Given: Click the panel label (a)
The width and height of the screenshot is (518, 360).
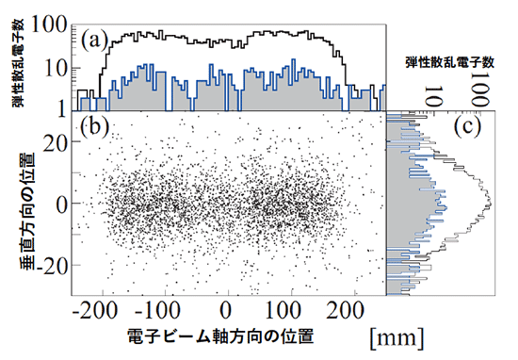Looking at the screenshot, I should tap(99, 40).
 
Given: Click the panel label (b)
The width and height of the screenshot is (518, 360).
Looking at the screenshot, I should tap(98, 124).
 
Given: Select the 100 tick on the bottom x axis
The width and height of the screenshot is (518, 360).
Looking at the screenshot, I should tap(287, 311).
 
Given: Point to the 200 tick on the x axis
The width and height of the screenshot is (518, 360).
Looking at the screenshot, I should tap(350, 311).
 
